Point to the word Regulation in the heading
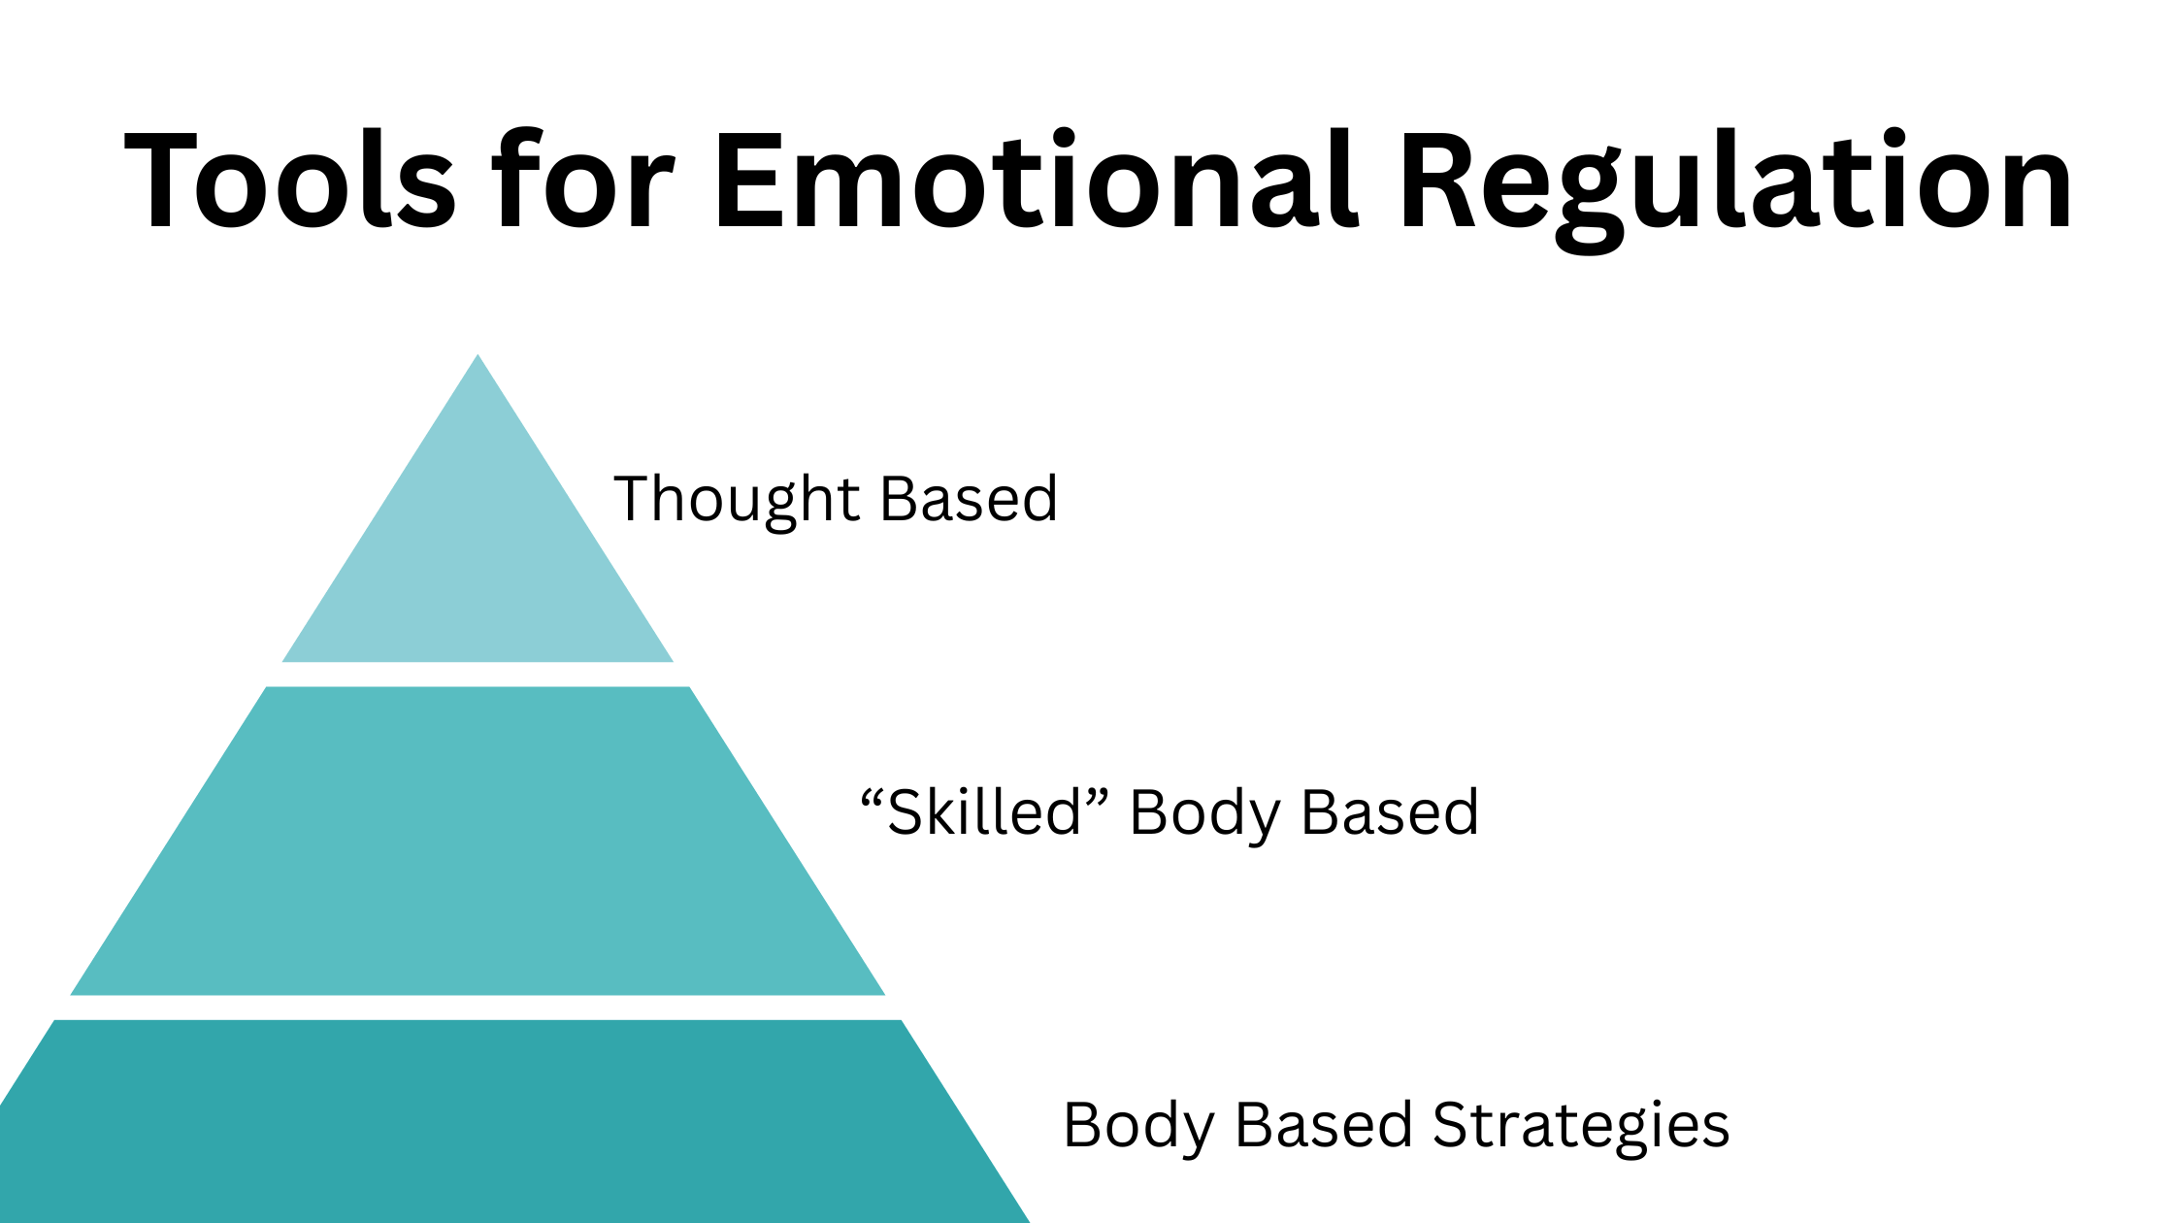(x=1735, y=188)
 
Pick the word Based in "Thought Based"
(x=969, y=499)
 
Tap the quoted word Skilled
(x=984, y=811)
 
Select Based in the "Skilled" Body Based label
(x=1390, y=812)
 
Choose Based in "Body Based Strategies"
(x=1324, y=1126)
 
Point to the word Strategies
(x=1581, y=1129)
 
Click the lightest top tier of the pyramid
(x=478, y=563)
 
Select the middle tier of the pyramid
(x=478, y=841)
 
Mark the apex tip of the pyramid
(x=478, y=354)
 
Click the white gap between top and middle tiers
(x=478, y=675)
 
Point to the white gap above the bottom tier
(x=478, y=1008)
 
